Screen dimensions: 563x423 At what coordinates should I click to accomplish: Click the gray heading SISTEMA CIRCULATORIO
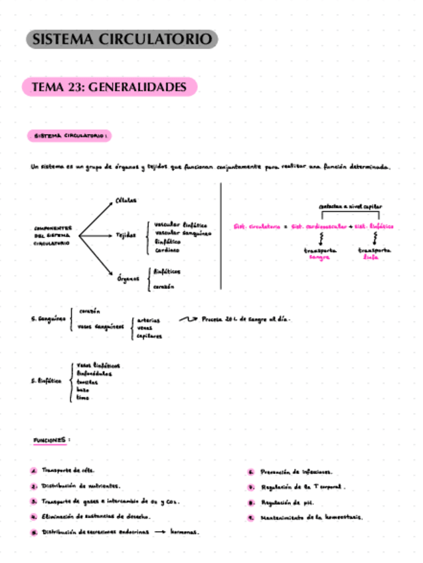pyautogui.click(x=123, y=40)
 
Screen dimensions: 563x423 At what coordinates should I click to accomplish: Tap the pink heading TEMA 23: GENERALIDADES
pyautogui.click(x=110, y=87)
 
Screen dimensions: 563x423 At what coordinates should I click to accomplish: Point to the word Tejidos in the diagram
pyautogui.click(x=126, y=236)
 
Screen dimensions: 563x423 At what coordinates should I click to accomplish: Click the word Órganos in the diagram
pyautogui.click(x=126, y=279)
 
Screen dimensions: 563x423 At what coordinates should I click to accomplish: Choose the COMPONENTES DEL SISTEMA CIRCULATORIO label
pyautogui.click(x=52, y=236)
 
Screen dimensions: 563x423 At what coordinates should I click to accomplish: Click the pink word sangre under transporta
pyautogui.click(x=319, y=257)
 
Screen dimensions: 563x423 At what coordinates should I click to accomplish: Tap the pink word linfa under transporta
pyautogui.click(x=371, y=257)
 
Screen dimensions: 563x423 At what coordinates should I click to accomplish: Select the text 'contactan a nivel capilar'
pyautogui.click(x=350, y=206)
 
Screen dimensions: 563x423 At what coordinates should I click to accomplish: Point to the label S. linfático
pyautogui.click(x=46, y=381)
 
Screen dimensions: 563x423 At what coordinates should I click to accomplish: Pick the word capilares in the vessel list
pyautogui.click(x=149, y=336)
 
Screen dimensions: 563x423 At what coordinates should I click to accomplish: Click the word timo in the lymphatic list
pyautogui.click(x=82, y=398)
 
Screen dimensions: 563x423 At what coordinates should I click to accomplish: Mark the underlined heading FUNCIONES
pyautogui.click(x=50, y=440)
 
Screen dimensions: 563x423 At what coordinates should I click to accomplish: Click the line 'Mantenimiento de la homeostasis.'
pyautogui.click(x=311, y=518)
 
